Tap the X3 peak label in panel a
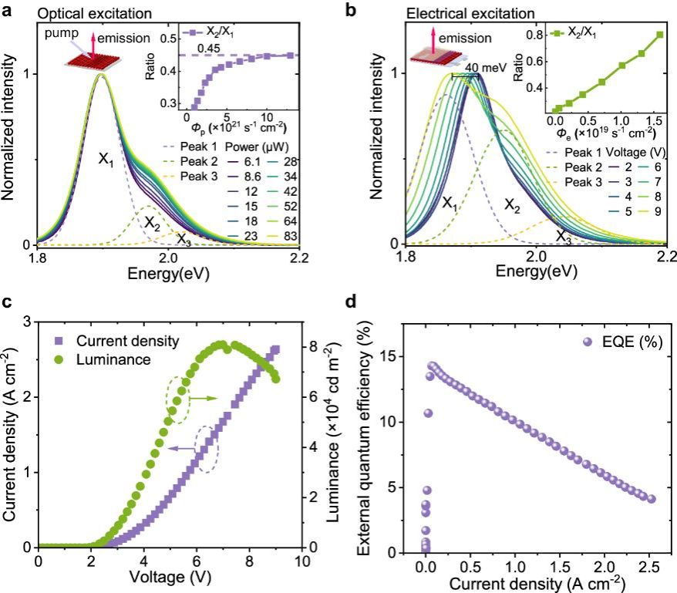click(183, 238)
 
